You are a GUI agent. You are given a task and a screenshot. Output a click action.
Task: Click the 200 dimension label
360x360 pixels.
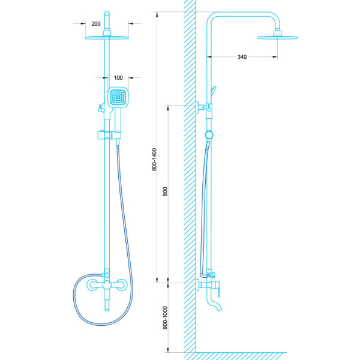point(96,24)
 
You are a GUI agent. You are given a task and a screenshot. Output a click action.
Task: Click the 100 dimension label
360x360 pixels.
point(118,78)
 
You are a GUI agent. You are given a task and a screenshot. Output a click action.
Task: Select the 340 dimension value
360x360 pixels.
point(242,57)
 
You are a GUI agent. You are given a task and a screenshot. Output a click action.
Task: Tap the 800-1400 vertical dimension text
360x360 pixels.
point(155,161)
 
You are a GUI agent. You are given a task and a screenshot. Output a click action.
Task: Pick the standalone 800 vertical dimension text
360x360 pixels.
point(166,193)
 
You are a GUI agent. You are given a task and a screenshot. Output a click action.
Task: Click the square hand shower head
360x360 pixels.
point(118,98)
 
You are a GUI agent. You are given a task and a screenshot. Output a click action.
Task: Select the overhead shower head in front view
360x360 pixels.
point(107,37)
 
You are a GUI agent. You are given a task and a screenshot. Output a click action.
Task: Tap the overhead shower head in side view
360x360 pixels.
point(277,38)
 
